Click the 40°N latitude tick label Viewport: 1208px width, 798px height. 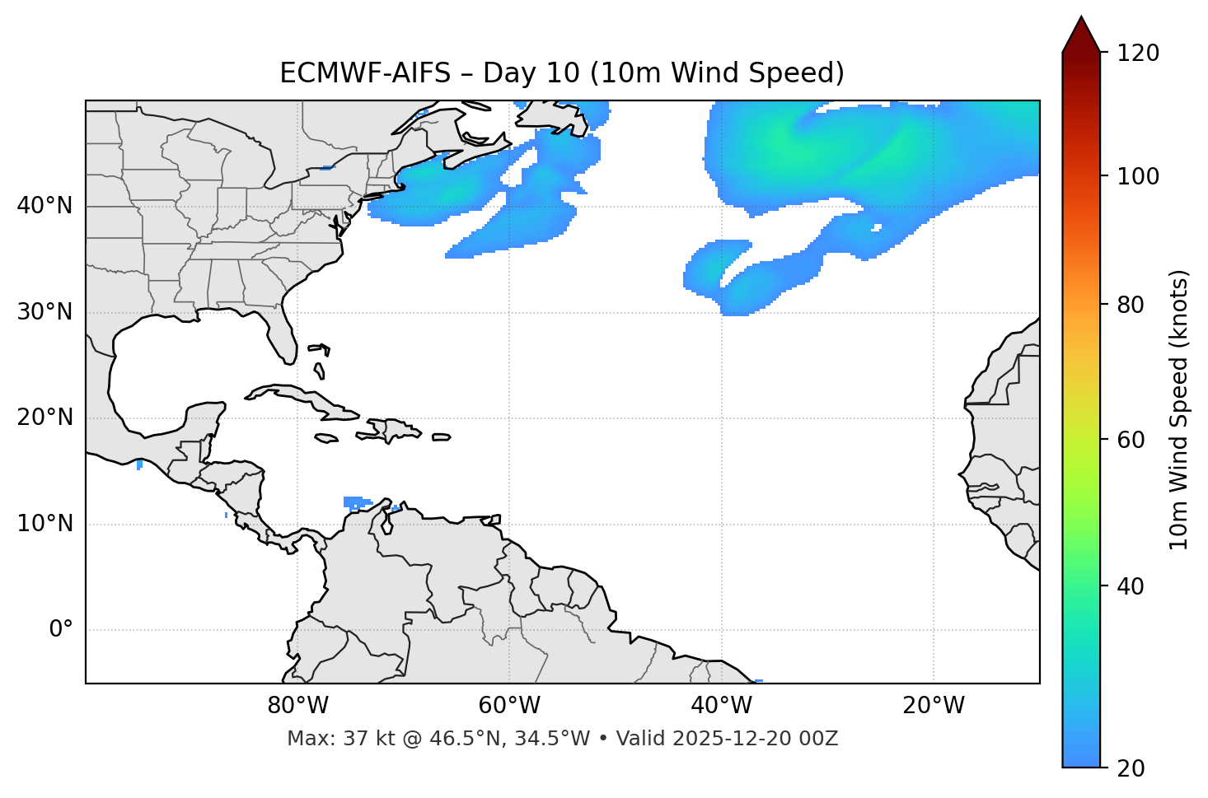coord(44,206)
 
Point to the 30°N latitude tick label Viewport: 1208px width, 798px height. coord(44,312)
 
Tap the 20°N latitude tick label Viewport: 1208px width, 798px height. coord(44,418)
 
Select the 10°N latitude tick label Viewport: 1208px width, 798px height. coord(44,524)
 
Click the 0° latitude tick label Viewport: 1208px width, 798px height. coord(61,630)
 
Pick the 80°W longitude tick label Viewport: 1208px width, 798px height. coord(297,706)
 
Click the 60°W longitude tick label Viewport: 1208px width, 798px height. coord(509,706)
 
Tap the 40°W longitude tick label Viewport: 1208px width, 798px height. coord(721,706)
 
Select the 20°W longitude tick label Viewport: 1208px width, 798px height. coord(934,706)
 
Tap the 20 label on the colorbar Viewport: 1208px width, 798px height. coord(1130,768)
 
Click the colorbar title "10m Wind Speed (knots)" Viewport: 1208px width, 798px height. coord(1179,409)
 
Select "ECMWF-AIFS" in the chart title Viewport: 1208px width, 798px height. coord(365,73)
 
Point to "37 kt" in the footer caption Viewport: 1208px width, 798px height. coord(360,739)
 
